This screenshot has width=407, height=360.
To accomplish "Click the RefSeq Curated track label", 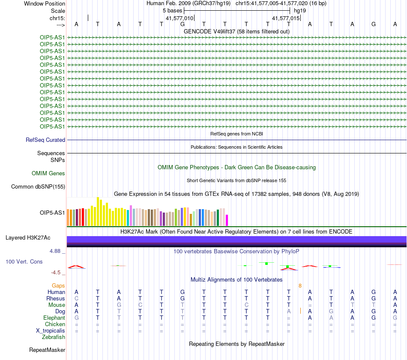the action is pos(45,140).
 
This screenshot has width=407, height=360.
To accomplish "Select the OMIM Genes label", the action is pos(48,173).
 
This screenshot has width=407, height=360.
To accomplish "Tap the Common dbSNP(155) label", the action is pos(38,186).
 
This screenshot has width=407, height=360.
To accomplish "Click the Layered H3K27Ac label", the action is pos(28,238).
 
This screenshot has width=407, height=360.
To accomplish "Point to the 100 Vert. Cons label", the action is pos(24,261).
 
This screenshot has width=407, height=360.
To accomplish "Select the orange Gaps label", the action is pos(58,286).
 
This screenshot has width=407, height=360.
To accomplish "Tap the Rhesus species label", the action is pos(56,298).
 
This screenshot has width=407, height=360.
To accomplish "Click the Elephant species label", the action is pos(54,318).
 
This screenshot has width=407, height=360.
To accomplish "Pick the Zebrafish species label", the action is pos(54,337).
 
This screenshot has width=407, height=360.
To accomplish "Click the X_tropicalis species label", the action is pos(51,331).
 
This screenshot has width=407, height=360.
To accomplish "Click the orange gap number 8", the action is pos(300,286).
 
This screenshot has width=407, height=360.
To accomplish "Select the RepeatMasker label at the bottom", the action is pos(47,350).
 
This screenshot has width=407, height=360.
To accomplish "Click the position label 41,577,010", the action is pos(180,18).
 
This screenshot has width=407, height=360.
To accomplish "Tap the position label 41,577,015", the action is pos(286,18).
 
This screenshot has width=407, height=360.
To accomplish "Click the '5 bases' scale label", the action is pos(172,11).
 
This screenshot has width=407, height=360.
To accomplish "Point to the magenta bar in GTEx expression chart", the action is pos(227,220).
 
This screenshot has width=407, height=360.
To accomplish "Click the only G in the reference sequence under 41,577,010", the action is pos(183,24).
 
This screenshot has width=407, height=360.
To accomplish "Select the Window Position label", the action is pos(45,3).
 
